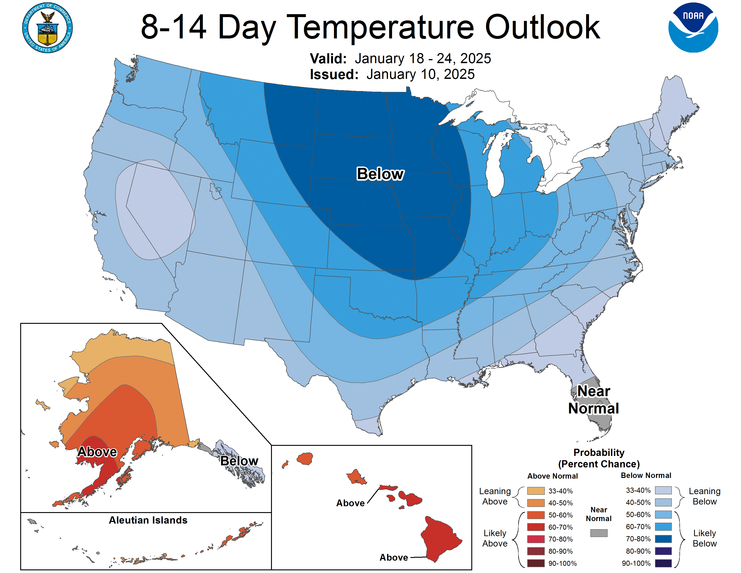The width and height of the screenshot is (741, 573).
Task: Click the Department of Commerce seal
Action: coord(48,28)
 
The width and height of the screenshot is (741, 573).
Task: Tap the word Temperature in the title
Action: coord(382,27)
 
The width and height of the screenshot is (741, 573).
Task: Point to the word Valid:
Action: coord(328,59)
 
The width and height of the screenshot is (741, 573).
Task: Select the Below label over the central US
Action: coord(380,174)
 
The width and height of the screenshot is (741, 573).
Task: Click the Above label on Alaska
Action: coord(97,452)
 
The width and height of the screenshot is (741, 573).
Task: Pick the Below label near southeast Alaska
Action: coord(239,461)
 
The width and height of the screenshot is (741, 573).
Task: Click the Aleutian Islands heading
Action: coord(148,520)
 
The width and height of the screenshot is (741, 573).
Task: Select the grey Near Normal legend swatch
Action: coord(598,533)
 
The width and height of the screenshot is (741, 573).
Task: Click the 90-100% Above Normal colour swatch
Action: coord(536,563)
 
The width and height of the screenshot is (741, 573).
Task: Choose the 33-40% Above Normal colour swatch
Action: coord(536,491)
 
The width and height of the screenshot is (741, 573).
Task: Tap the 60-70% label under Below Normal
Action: coord(638,526)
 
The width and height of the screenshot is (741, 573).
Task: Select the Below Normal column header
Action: coord(646,475)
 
